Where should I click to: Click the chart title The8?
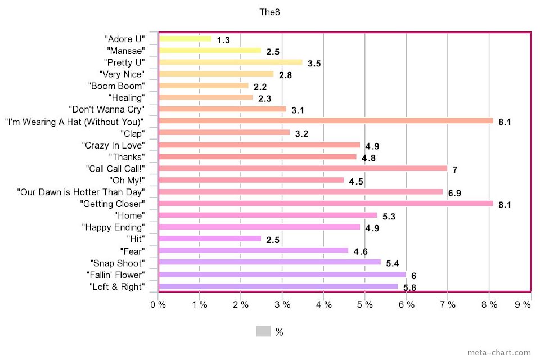269,11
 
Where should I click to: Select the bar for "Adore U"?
186,39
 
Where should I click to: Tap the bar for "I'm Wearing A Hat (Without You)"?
326,120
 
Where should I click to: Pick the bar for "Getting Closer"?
326,203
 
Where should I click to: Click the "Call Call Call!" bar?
303,168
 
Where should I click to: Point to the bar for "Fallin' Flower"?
282,274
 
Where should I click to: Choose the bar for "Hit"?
210,238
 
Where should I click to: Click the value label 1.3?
223,40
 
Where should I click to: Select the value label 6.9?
454,193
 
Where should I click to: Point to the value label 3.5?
314,64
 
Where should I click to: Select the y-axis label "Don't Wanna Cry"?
106,109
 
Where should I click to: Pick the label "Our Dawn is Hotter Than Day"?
81,192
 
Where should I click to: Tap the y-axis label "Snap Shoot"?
117,263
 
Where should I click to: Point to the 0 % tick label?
157,305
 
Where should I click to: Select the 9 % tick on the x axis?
523,305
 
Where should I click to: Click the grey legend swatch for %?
263,331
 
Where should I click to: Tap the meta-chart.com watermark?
498,353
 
